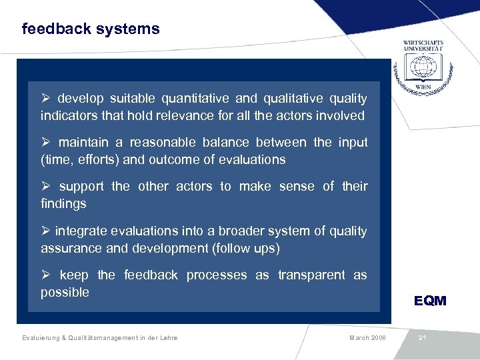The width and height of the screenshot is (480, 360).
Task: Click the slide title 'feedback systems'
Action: pos(91,29)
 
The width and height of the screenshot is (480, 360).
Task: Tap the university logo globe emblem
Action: pos(423,67)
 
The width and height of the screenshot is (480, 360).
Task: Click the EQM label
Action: pos(430,301)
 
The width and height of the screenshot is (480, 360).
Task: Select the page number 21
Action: pos(422,338)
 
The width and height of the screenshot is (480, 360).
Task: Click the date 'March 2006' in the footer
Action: pos(367,338)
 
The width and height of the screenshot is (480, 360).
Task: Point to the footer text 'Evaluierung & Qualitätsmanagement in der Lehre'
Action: pos(99,338)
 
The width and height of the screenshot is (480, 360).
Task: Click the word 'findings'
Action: pos(63,204)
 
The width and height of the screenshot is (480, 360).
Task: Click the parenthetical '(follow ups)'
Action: pos(245,249)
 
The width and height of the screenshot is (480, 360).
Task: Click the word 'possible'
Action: pos(65,293)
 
